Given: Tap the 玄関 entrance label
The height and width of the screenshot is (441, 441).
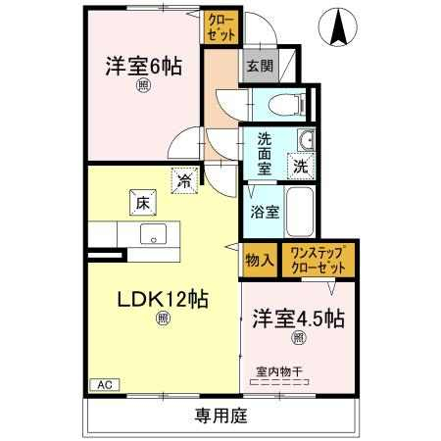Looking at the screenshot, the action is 260,67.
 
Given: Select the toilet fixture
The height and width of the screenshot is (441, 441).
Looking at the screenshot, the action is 287,105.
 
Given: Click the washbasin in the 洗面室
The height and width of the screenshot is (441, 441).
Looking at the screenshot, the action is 306,139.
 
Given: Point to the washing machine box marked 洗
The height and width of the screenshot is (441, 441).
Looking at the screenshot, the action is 301,167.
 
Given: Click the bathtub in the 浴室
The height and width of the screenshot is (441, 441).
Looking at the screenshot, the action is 300,213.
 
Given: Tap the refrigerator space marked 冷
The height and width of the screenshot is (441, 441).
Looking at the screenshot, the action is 184,180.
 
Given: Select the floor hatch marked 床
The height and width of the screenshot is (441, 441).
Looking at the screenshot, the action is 143,203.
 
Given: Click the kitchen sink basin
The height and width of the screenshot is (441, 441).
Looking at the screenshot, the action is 153,234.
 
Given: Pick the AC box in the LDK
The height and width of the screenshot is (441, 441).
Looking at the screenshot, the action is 105,385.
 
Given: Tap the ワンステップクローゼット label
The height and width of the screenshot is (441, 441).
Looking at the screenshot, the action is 318,261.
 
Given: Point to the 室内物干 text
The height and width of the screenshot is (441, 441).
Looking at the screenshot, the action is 279,371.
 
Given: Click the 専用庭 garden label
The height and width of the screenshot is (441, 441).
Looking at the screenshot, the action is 221,416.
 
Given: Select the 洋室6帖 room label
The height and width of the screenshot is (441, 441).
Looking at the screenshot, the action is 143,67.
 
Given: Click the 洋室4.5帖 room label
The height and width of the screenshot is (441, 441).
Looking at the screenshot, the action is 298,318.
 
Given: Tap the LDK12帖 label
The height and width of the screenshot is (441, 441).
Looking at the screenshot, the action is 163,299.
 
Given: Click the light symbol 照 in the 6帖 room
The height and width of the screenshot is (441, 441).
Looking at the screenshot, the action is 143,86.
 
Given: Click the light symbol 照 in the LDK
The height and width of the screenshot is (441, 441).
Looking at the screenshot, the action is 163,318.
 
